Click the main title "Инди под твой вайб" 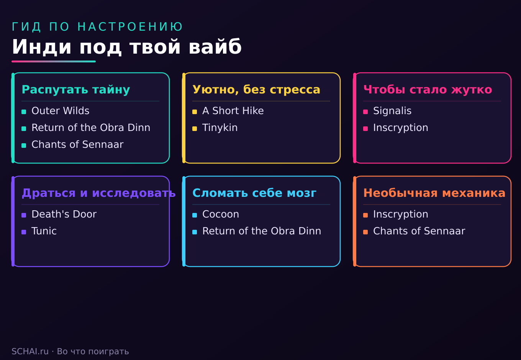click(x=127, y=47)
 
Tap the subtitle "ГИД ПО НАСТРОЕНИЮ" click(x=97, y=26)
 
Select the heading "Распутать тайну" click(x=75, y=90)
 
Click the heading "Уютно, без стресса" click(x=256, y=90)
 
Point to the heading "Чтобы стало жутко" click(x=428, y=90)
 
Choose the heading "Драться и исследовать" click(x=98, y=193)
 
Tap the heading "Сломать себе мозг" click(x=254, y=193)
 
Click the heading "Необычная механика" click(x=434, y=193)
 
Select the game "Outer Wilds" click(x=60, y=111)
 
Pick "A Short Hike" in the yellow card click(x=233, y=111)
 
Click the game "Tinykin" click(x=220, y=128)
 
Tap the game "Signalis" click(x=392, y=111)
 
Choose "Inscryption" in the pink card click(x=401, y=128)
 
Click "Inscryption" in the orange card click(x=401, y=214)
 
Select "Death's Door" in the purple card click(x=64, y=214)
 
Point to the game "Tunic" click(x=44, y=231)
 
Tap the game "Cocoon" click(x=221, y=214)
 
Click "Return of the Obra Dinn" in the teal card click(x=91, y=128)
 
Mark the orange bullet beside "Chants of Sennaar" click(x=365, y=232)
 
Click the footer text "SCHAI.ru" click(x=30, y=352)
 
